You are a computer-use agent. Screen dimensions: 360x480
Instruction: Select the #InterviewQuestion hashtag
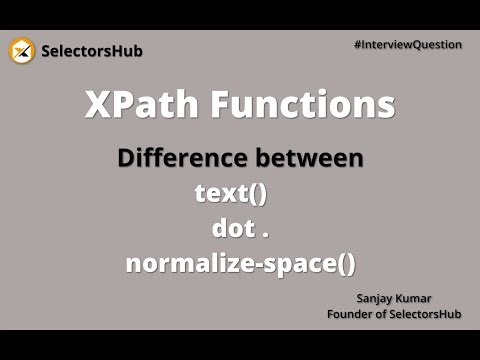pos(407,44)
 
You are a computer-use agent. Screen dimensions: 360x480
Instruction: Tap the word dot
pos(232,229)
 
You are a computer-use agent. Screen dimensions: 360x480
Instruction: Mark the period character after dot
pos(266,235)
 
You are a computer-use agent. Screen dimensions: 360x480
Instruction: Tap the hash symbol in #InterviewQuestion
pos(357,44)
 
